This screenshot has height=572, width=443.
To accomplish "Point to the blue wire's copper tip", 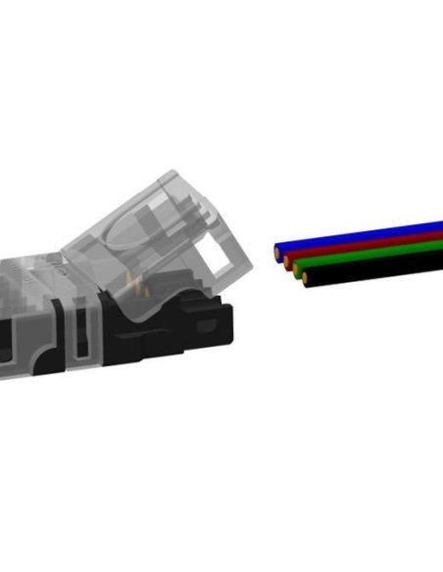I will pos(279,250).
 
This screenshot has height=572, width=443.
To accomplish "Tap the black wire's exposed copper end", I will pos(307,279).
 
